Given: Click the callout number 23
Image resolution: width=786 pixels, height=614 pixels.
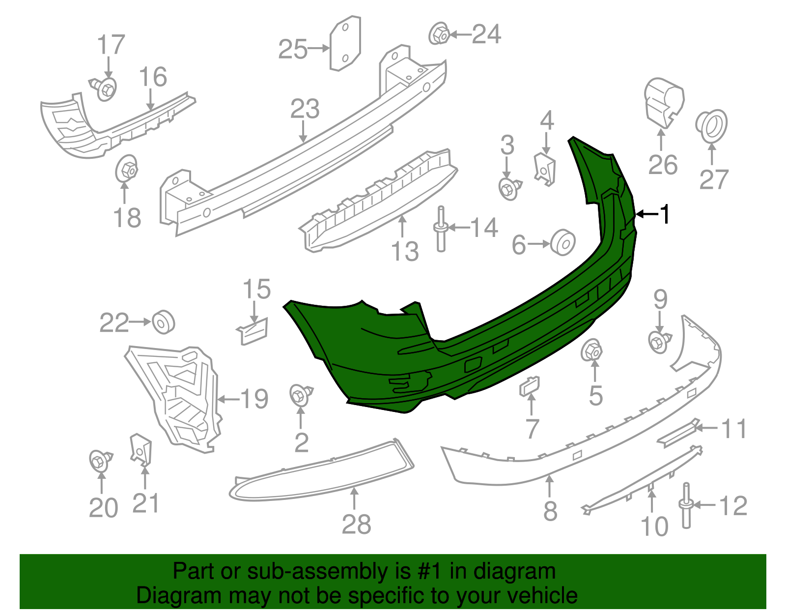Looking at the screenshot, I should pyautogui.click(x=305, y=109).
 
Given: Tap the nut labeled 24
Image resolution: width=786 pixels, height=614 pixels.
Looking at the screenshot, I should pyautogui.click(x=439, y=34).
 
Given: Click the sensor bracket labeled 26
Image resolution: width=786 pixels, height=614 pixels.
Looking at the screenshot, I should pyautogui.click(x=663, y=104).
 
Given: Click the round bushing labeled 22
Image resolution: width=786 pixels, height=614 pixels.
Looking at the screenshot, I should pyautogui.click(x=163, y=322).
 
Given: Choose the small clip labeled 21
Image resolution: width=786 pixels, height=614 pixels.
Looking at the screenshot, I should pyautogui.click(x=141, y=448).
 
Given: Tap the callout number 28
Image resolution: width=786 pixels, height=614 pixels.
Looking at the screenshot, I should pyautogui.click(x=356, y=525).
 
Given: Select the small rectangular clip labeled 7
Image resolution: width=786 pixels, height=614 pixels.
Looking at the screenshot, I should pyautogui.click(x=530, y=386).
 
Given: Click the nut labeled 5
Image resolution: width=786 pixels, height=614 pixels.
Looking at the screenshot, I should pyautogui.click(x=592, y=351).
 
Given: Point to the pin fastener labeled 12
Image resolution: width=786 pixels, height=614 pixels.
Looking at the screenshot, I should pyautogui.click(x=686, y=506).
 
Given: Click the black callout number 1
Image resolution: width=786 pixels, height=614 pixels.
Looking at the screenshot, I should pyautogui.click(x=665, y=214).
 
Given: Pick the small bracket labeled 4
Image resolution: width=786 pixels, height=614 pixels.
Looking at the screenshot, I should pyautogui.click(x=544, y=168).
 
